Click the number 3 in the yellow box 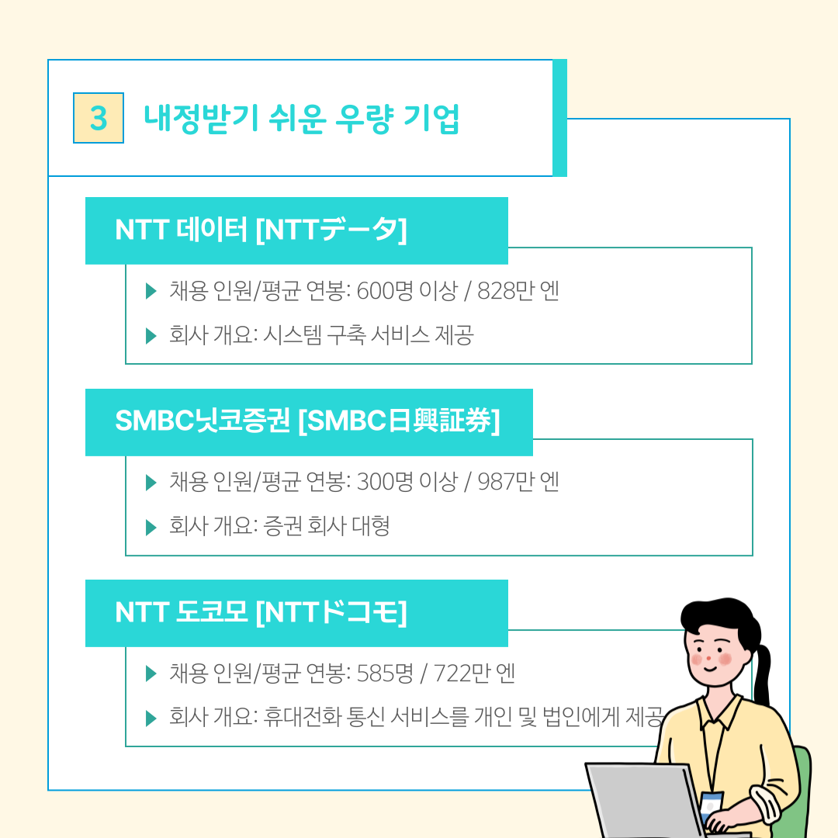[x=99, y=118]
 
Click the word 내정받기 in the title [x=202, y=118]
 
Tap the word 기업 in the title [x=431, y=118]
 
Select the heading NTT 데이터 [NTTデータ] [x=261, y=230]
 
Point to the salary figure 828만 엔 [x=518, y=291]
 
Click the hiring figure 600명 [x=385, y=291]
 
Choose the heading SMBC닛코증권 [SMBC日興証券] [x=307, y=421]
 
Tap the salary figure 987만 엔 [x=518, y=482]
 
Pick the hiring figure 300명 [x=385, y=482]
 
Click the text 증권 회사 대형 [x=327, y=526]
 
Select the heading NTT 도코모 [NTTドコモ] [x=261, y=612]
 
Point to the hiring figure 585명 [x=385, y=674]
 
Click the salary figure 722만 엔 [x=474, y=674]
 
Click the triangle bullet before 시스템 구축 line [x=151, y=336]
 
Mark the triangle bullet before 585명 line [x=151, y=674]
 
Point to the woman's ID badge [x=711, y=805]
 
